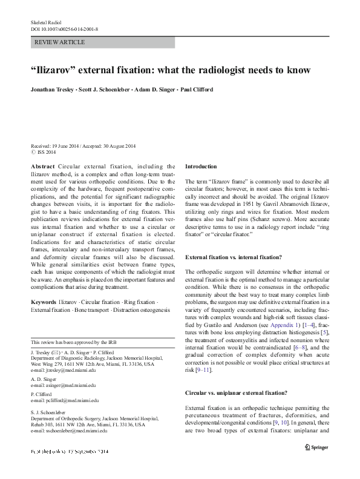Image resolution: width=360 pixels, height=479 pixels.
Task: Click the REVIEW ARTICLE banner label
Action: click(60, 42)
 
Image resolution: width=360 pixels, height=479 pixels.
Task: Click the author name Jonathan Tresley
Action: click(54, 90)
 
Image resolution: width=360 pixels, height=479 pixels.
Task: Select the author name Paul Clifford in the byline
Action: click(196, 90)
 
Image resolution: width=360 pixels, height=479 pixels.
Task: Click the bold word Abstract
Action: click(42, 166)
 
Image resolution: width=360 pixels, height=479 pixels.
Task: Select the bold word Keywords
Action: click(44, 301)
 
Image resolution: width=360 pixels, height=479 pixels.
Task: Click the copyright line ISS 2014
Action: click(46, 152)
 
